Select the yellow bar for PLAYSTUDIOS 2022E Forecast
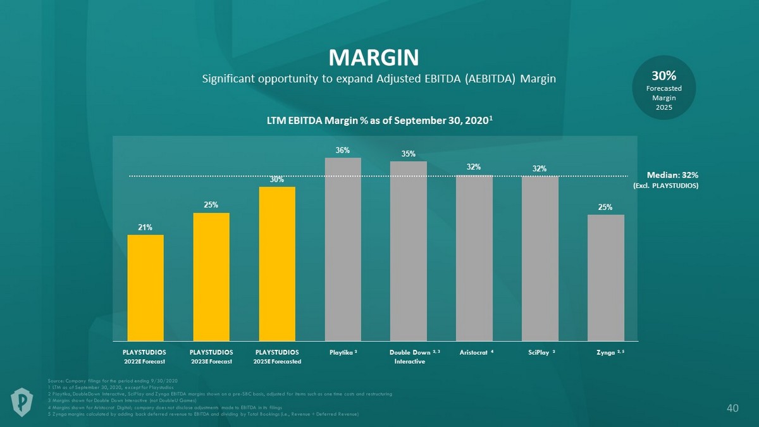coord(145,288)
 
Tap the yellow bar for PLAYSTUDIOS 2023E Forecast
coord(211,277)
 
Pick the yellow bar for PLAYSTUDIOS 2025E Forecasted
coord(277,264)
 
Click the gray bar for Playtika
coord(343,249)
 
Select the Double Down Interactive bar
coord(409,251)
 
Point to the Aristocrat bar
coord(474,258)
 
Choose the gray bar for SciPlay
coord(540,258)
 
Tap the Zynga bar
coord(606,278)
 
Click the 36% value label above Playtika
coord(342,151)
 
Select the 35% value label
coord(409,154)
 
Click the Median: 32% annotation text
coord(665,175)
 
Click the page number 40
coord(732,409)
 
